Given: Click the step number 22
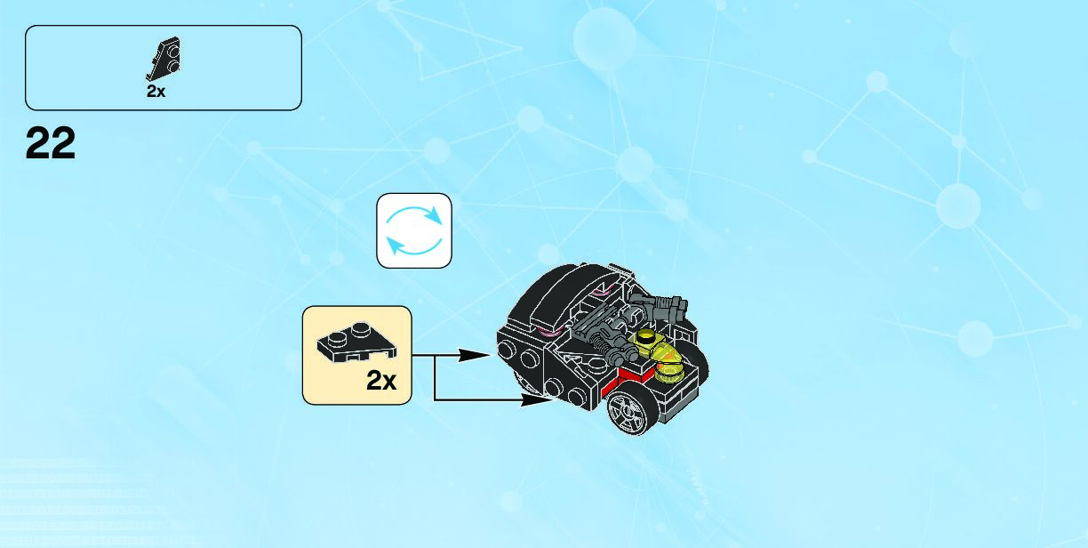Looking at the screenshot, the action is point(51,143).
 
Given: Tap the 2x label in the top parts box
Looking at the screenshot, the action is point(156,92).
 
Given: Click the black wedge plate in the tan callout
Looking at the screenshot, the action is point(356,342).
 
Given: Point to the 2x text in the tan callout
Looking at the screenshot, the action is point(381,381).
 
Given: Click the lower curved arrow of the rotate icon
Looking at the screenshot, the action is point(412,246).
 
